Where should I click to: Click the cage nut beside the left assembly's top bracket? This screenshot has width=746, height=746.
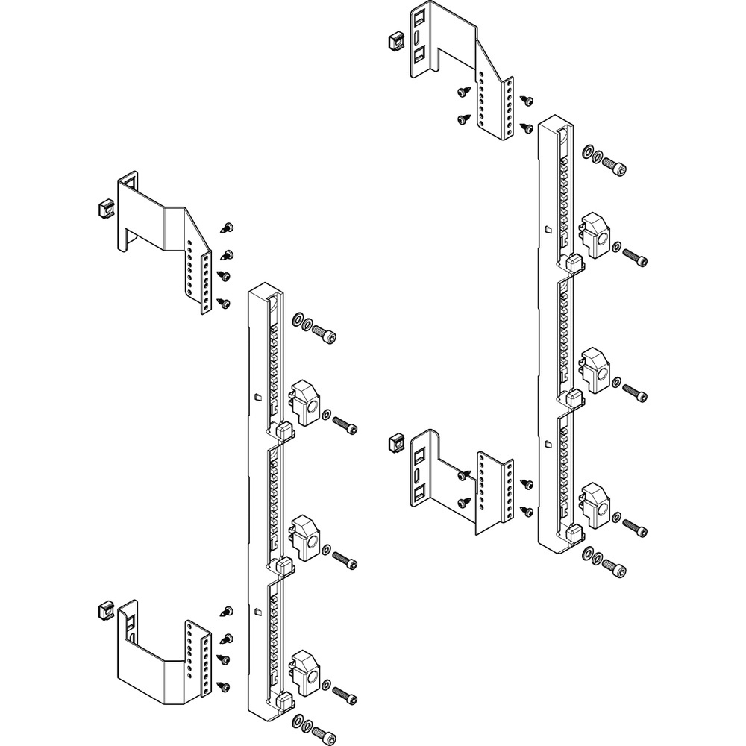[104, 207]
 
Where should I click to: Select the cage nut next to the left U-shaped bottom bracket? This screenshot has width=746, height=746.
[104, 609]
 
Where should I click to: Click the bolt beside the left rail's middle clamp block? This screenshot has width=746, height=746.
[344, 557]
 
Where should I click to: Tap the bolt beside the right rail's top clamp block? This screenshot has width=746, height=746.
[634, 257]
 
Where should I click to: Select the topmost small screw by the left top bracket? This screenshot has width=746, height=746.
[229, 227]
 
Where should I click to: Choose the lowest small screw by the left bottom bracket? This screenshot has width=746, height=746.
[222, 684]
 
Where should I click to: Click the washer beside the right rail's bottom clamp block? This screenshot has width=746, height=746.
[617, 517]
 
